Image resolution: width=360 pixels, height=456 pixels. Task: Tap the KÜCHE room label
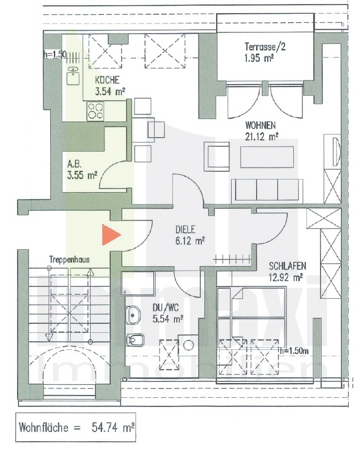[x=107, y=80]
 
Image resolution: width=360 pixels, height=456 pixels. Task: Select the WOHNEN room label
[x=261, y=125]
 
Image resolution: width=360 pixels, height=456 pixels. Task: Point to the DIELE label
[x=185, y=230]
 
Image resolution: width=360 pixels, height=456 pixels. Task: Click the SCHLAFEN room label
[x=289, y=266]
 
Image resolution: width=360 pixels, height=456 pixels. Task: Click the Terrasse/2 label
[x=265, y=47]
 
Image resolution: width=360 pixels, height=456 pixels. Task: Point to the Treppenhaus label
[x=68, y=258]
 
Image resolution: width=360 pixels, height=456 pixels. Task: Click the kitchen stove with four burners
[x=96, y=111]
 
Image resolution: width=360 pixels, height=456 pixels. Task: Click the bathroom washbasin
[x=133, y=315]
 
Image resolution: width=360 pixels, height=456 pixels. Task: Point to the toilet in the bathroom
[x=135, y=340]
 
